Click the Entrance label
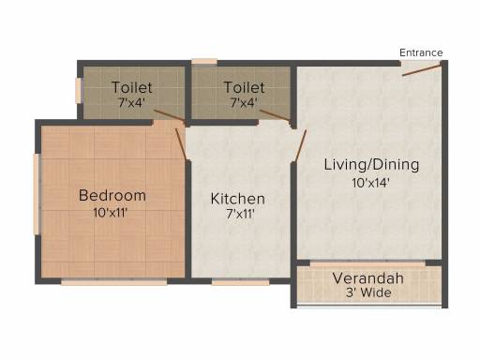[421, 52]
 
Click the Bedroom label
[112, 196]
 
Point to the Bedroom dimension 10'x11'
[110, 213]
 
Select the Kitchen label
[238, 199]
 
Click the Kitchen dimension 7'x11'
[240, 215]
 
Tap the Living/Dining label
[371, 165]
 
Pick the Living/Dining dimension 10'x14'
[370, 183]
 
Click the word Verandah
[368, 278]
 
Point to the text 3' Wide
[368, 292]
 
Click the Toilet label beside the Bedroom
[132, 87]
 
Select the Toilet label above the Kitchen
[245, 87]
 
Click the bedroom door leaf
[181, 144]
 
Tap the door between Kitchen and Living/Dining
[301, 145]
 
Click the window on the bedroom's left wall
[37, 194]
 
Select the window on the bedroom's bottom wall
[114, 282]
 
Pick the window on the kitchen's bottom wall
[241, 282]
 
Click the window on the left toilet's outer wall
[78, 90]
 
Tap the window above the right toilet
[204, 62]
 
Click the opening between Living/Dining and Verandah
[367, 264]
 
